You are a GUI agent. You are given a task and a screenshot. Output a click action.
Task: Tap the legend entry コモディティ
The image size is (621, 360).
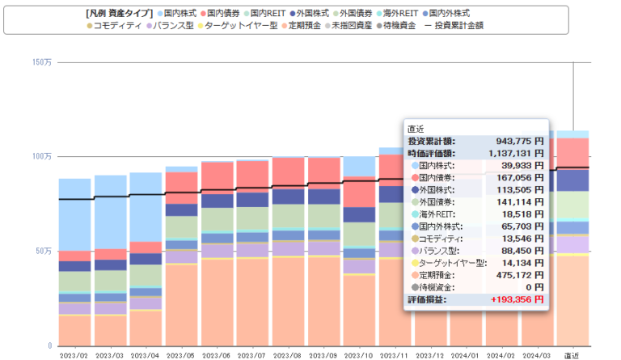coord(118,26)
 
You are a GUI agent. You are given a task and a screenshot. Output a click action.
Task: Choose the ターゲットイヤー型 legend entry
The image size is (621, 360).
coord(240,26)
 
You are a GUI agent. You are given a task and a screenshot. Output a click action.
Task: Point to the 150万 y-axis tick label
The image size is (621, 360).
coord(42,62)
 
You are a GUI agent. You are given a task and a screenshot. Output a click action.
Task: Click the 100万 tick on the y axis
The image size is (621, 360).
coord(42,155)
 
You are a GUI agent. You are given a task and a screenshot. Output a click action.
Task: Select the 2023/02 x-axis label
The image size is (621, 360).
coord(74,354)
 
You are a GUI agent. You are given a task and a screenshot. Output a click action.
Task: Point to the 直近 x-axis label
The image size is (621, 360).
coord(572,354)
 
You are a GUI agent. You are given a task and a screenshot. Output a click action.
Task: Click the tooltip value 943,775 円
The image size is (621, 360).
coord(512,141)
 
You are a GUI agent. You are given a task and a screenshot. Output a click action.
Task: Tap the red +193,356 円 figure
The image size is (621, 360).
coord(511,299)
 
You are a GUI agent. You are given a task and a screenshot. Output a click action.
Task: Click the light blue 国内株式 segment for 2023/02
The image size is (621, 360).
coord(74,214)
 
